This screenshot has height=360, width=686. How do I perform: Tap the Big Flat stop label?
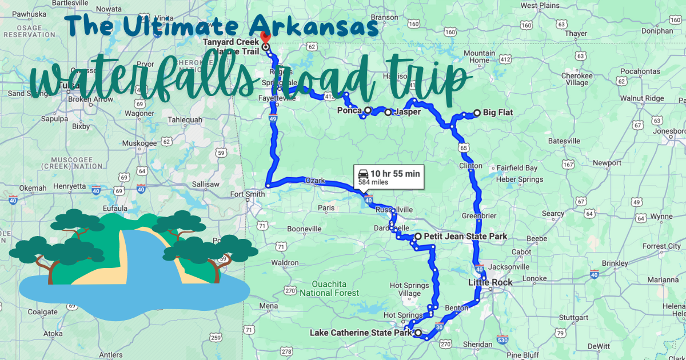pos(497,113)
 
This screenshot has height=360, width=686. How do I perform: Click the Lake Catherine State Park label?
pos(361,333)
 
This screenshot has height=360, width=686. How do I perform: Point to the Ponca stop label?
pos(349,110)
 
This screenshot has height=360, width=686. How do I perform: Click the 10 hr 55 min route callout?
pos(388,177)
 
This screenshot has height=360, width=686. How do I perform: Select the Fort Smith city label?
pos(247,194)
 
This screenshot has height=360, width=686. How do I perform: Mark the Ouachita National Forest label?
pos(337,289)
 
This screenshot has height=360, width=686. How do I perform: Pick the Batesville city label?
pos(564,141)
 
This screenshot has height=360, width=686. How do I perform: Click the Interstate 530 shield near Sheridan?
pos(502,339)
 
